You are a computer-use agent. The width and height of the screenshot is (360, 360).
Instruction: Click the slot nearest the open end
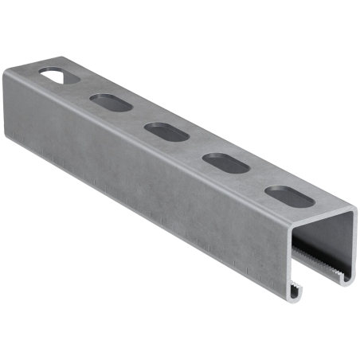pos(279,195)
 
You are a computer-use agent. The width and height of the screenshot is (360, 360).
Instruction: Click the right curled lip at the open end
pos(347,260)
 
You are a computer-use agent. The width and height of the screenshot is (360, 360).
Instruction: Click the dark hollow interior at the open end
pos(319,239)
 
